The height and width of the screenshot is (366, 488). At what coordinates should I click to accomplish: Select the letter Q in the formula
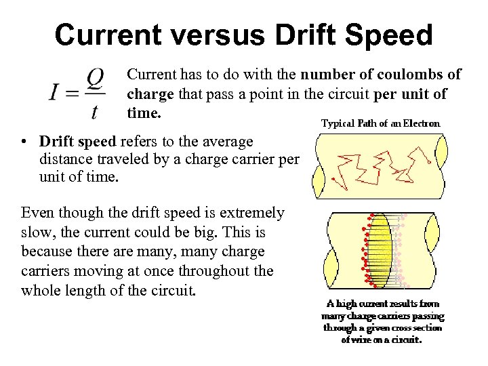[96, 81]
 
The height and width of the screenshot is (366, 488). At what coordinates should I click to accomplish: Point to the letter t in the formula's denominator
[94, 111]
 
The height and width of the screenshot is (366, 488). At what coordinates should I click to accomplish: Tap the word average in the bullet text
[224, 142]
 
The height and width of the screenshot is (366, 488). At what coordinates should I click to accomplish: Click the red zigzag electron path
[380, 166]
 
